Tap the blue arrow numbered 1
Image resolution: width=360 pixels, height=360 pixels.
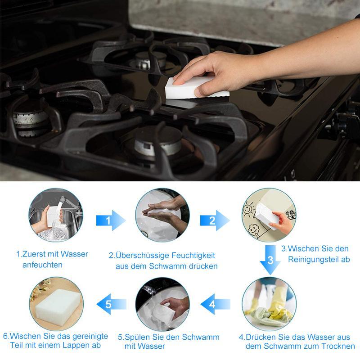pos(111,220)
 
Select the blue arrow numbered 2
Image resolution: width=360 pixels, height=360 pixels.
pos(215,220)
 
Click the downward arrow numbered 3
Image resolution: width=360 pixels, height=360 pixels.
pos(270,260)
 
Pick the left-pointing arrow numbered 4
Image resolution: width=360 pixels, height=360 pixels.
pos(216,304)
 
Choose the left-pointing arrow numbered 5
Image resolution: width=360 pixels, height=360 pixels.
pos(111,304)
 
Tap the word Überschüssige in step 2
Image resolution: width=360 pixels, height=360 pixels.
pos(142,255)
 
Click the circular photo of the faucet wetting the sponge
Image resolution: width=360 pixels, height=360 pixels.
pos(56,215)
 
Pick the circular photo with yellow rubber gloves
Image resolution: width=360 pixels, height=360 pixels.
pos(269,304)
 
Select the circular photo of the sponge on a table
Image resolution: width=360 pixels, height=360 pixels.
pos(56,304)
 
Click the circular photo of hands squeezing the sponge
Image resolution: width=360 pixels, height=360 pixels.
pos(162,215)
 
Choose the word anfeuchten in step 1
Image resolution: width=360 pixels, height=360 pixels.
pos(42,265)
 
